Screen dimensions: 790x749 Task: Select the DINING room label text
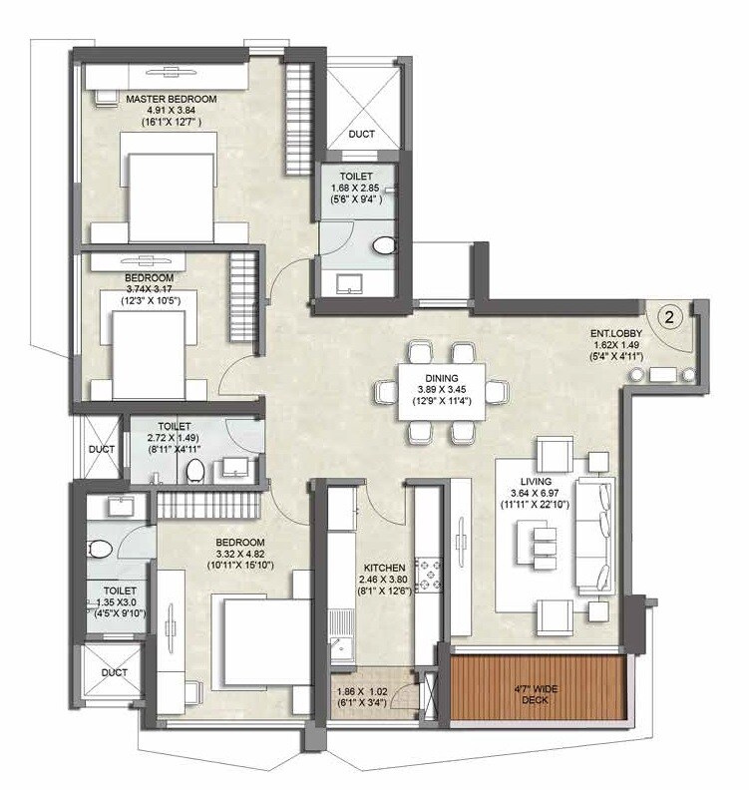(x=441, y=378)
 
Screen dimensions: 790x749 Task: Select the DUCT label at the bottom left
(x=116, y=673)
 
